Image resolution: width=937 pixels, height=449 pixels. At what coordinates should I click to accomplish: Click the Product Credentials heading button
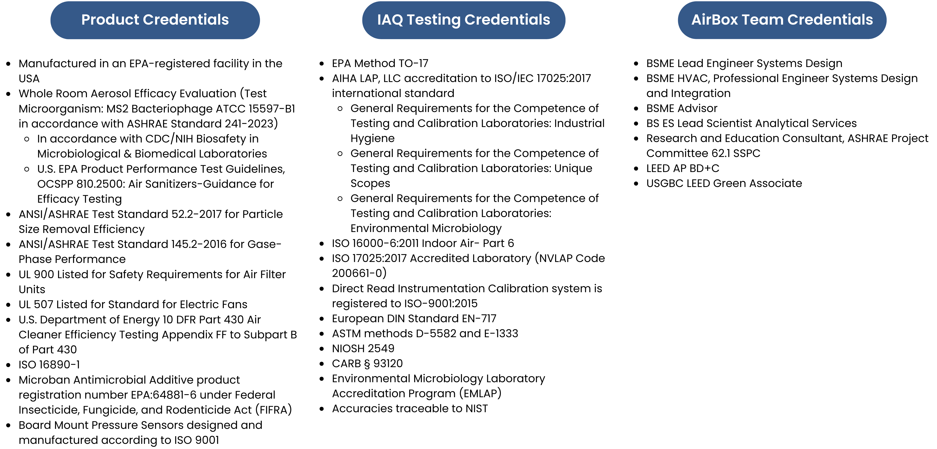point(155,20)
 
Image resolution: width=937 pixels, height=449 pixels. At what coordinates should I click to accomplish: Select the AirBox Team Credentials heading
point(782,20)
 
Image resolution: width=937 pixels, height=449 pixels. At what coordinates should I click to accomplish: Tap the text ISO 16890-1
point(49,365)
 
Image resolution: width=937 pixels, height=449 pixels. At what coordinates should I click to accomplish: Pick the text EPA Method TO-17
point(380,63)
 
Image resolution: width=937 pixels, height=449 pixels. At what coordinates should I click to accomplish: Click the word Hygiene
point(372,139)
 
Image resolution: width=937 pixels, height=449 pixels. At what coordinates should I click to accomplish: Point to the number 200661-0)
point(359,273)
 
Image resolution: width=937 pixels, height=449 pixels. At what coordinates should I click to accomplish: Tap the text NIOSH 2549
point(363,348)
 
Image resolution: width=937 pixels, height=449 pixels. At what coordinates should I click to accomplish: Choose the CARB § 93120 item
point(367,363)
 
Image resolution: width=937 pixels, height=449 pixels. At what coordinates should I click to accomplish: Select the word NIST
point(476,409)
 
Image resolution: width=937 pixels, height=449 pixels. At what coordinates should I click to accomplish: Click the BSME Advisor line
point(682,109)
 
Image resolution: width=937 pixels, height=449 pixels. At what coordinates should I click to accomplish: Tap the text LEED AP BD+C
point(683,168)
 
